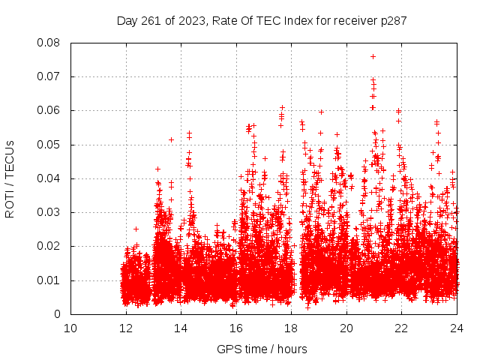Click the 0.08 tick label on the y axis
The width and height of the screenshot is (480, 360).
point(49,43)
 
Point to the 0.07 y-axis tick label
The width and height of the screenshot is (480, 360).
point(49,76)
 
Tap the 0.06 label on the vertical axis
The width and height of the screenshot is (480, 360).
point(49,110)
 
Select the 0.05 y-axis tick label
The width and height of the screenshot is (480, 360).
point(49,145)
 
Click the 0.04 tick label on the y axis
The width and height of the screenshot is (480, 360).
point(49,178)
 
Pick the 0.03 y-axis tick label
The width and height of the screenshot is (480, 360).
point(49,212)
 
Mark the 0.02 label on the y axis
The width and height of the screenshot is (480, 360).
point(49,246)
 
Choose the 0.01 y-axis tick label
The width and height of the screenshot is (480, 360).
point(49,280)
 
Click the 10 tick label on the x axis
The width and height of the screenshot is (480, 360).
point(70,328)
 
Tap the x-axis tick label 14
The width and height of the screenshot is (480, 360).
point(181,328)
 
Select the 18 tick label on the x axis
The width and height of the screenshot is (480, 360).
point(292,328)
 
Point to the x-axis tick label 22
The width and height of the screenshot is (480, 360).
point(402,328)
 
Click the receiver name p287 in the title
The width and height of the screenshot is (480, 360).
point(392,21)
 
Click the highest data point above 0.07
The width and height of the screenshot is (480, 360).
point(373,56)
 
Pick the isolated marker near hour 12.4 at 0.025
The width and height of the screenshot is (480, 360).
point(136,229)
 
